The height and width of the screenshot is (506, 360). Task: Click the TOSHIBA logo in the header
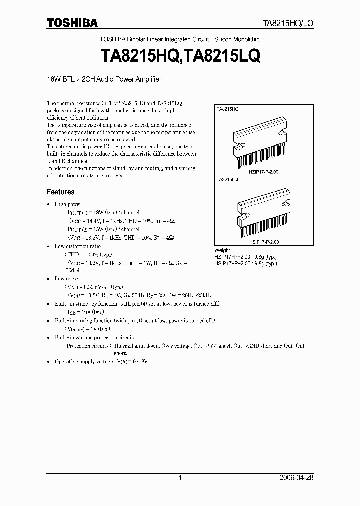click(x=72, y=22)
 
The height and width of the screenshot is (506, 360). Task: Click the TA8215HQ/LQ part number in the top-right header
click(x=288, y=23)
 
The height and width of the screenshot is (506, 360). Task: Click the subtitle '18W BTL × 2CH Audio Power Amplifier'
click(x=104, y=79)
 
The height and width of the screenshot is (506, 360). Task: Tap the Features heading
click(x=60, y=192)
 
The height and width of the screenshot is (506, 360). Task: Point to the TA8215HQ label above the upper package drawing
click(x=227, y=108)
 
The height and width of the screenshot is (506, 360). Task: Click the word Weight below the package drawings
click(x=222, y=250)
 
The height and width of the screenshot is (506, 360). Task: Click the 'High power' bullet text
click(x=68, y=204)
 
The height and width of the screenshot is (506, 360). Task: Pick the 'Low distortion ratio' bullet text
click(x=77, y=246)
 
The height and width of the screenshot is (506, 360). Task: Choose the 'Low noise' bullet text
click(x=66, y=278)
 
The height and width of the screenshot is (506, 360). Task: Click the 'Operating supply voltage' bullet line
click(x=102, y=361)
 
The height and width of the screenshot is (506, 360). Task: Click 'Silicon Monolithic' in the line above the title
click(x=237, y=39)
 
